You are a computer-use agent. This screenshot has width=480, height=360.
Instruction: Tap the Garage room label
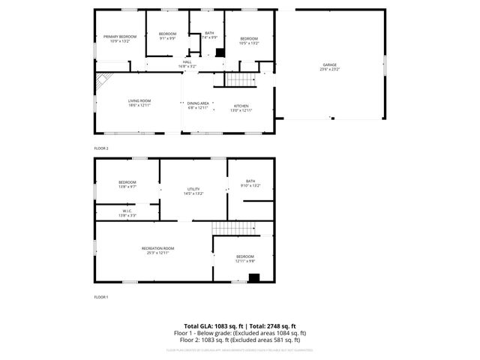coord(331,67)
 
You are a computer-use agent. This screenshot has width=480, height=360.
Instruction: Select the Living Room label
coord(139,103)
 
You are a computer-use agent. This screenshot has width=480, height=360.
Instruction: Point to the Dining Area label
coord(198,105)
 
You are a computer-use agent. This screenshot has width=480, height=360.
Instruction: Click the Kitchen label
coord(241,105)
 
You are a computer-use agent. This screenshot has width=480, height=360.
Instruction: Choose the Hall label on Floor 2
coord(187,64)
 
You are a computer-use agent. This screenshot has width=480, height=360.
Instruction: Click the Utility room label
coord(193,190)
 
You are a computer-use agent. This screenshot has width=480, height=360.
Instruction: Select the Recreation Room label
coord(157,250)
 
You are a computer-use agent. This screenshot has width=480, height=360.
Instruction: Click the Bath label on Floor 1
coord(250,182)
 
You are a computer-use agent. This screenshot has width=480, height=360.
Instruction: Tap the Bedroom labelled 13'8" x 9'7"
coord(127,184)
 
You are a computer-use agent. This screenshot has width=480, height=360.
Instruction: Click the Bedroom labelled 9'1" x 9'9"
coord(167,35)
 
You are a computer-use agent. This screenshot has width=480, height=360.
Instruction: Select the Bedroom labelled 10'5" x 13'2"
coord(249,40)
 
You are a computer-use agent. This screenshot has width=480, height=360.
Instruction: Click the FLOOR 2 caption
coord(101,148)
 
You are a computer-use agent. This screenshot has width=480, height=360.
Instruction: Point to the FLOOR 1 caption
coord(101,297)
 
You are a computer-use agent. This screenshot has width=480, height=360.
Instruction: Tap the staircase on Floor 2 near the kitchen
coord(241,79)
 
